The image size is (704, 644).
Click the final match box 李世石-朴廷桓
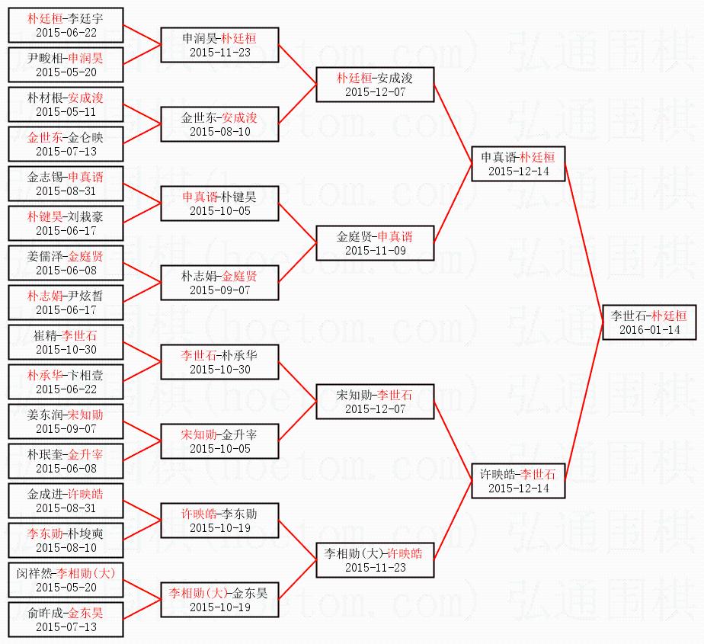[x=648, y=322]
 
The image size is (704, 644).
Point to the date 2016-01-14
[x=648, y=330]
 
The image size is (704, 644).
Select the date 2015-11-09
[x=376, y=251]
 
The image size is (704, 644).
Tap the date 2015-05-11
[x=66, y=111]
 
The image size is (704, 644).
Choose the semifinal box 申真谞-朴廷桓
[x=518, y=164]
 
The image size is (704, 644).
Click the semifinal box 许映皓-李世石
[x=518, y=481]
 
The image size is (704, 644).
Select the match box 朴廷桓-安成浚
[x=376, y=85]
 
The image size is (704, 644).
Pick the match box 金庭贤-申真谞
[x=376, y=243]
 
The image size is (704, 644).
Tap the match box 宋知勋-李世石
[x=376, y=402]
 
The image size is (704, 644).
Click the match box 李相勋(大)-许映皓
[x=376, y=560]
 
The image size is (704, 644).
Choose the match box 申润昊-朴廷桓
[x=220, y=45]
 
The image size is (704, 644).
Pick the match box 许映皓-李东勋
[x=220, y=521]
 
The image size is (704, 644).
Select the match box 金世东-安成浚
[x=220, y=124]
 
